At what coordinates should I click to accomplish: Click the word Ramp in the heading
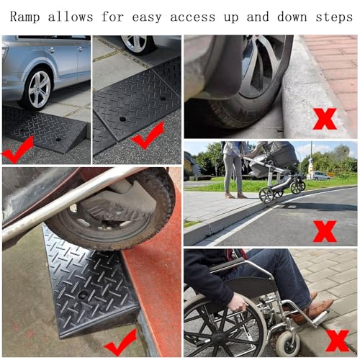pyautogui.click(x=24, y=17)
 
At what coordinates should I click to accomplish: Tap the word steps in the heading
pyautogui.click(x=334, y=17)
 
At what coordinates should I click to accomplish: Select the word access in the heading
pyautogui.click(x=193, y=17)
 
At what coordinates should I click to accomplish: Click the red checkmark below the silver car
pyautogui.click(x=17, y=150)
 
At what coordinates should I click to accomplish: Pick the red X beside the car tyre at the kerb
pyautogui.click(x=325, y=118)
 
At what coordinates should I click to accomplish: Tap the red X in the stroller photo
pyautogui.click(x=325, y=231)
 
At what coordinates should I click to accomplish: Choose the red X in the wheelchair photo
pyautogui.click(x=338, y=341)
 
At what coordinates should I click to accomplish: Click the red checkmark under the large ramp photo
pyautogui.click(x=121, y=343)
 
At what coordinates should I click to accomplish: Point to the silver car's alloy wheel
pyautogui.click(x=40, y=89)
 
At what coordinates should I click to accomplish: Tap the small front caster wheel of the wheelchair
pyautogui.click(x=288, y=343)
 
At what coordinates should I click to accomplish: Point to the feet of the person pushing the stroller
pyautogui.click(x=235, y=195)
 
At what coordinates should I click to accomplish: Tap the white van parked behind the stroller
pyautogui.click(x=319, y=176)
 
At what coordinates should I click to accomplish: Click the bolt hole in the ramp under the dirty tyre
pyautogui.click(x=82, y=294)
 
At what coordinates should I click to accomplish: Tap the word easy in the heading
pyautogui.click(x=147, y=18)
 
